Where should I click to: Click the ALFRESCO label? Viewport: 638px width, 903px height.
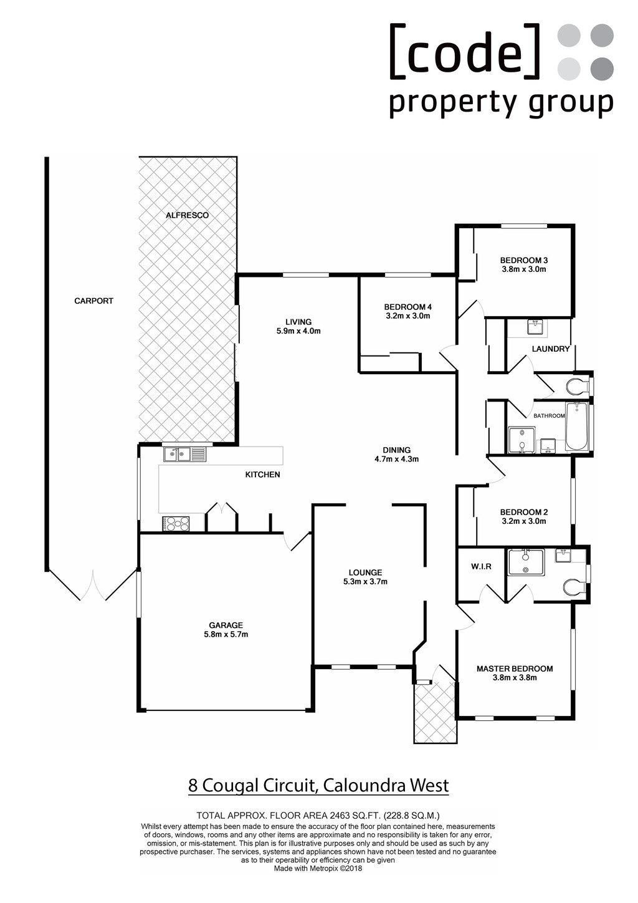188,215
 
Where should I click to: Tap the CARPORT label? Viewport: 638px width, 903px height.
94,301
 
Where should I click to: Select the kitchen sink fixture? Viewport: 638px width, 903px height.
184,455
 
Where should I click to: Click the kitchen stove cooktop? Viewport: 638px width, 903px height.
176,524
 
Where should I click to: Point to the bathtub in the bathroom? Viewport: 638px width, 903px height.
577,426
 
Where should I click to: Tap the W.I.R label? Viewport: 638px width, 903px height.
481,566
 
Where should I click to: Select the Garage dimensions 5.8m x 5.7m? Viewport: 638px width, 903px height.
226,634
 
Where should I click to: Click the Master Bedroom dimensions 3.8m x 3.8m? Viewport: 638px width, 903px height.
515,678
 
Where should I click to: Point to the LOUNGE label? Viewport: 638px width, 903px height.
365,572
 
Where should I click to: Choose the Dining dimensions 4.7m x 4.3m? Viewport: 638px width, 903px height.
397,459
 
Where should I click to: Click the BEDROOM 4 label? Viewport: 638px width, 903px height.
408,307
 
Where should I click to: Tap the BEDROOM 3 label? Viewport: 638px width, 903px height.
524,260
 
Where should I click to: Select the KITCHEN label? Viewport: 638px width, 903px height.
262,475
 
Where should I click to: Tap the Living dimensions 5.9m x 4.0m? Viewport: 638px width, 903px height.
298,331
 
